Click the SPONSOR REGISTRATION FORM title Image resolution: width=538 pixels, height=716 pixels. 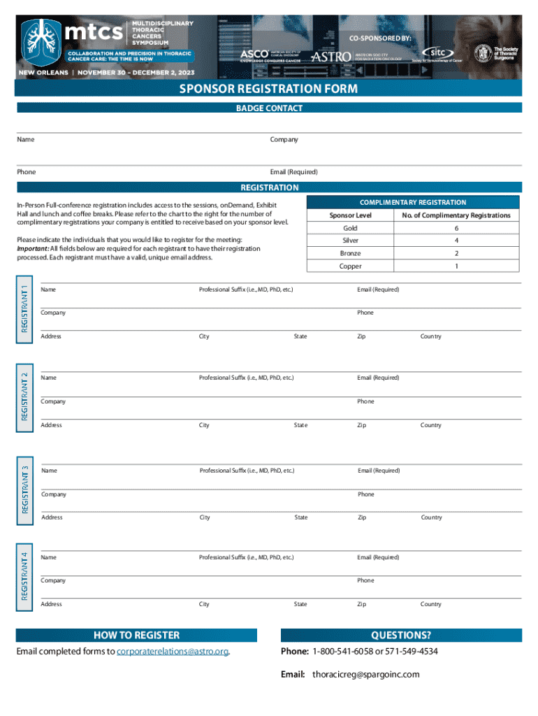point(268,89)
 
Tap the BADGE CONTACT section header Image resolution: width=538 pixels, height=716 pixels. point(268,108)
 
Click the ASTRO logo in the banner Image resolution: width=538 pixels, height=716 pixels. point(331,56)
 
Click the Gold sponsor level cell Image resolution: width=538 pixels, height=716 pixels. point(350,229)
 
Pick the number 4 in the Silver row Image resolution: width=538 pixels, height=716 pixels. point(456,241)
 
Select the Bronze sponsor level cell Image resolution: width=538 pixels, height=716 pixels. point(350,254)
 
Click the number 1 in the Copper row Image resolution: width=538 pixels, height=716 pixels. point(456,266)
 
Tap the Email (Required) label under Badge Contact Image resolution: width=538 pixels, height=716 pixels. point(293,172)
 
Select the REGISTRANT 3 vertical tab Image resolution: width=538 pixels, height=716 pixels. point(24,489)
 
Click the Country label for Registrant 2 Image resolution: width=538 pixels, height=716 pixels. point(430,425)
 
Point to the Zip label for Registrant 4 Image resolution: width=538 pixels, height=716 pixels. point(361,604)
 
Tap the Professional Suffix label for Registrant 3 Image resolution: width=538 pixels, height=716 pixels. point(247,471)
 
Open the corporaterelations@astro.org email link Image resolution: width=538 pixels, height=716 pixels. point(173,652)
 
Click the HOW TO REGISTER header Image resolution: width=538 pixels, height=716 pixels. point(136,635)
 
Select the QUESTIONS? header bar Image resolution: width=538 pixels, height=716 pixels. point(400,635)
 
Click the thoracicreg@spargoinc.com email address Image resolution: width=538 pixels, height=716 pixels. point(365,675)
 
